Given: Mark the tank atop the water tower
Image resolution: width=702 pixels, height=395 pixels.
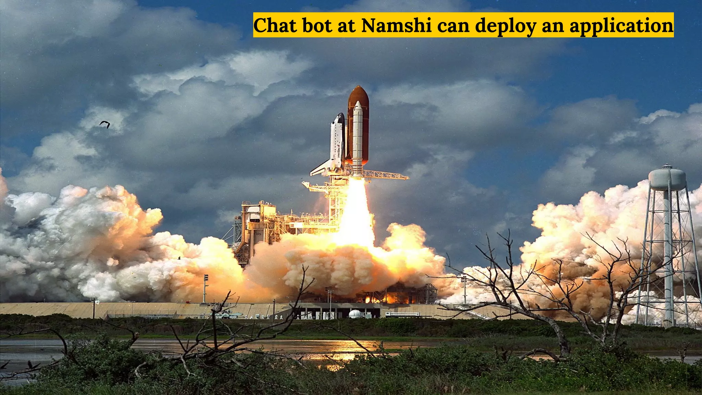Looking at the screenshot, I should point(667,178).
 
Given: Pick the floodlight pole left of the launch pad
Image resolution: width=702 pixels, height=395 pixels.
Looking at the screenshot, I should point(205,288).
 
